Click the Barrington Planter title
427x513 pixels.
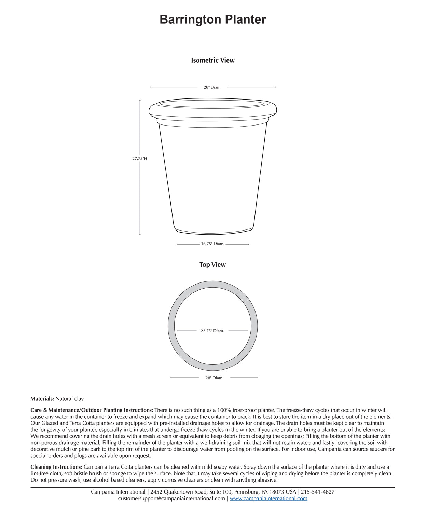click(212, 19)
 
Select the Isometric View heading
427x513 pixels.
click(212, 60)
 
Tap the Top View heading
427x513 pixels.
click(212, 265)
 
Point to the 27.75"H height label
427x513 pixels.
click(140, 159)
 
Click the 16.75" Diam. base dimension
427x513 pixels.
click(212, 244)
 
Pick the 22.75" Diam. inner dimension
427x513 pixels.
click(212, 331)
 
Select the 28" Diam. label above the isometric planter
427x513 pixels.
click(212, 87)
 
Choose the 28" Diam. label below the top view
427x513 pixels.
click(214, 378)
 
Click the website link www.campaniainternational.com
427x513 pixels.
click(268, 499)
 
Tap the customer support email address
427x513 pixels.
click(171, 499)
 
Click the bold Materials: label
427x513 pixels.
click(42, 399)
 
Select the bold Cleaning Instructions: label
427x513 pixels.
click(56, 467)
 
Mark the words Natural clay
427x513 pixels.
click(70, 399)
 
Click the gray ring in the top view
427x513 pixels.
click(171, 326)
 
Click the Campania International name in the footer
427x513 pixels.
click(118, 492)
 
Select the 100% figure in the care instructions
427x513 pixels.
click(226, 410)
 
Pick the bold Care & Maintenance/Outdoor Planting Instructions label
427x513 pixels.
click(92, 410)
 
